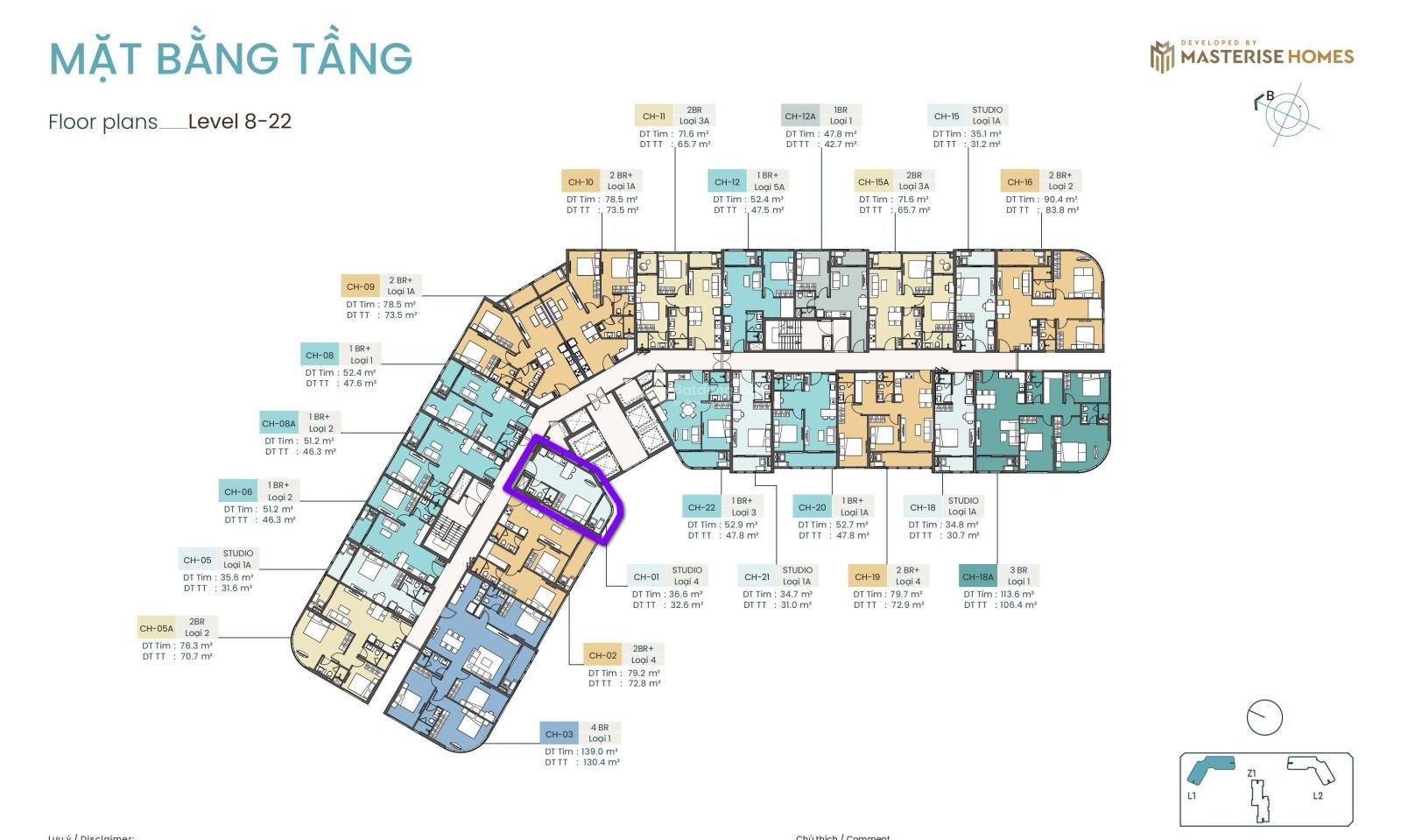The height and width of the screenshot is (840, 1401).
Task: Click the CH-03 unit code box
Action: click(x=559, y=734)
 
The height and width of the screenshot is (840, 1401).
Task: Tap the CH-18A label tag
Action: click(x=978, y=576)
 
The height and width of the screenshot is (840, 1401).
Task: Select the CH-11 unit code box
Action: click(x=653, y=116)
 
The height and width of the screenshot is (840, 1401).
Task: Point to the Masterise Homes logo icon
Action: click(x=1161, y=57)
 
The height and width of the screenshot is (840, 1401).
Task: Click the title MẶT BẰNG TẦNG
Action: click(x=230, y=58)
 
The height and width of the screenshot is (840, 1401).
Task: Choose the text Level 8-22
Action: click(x=239, y=121)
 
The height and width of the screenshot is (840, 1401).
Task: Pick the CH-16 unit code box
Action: click(x=1019, y=182)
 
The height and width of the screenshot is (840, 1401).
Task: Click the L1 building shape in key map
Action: click(x=1210, y=769)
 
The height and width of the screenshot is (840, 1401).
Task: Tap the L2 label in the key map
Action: click(x=1318, y=795)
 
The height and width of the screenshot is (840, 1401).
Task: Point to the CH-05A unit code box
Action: click(x=156, y=628)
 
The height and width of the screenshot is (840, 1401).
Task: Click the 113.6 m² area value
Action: click(x=1017, y=594)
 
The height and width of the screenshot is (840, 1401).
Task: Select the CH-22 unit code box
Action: click(x=701, y=507)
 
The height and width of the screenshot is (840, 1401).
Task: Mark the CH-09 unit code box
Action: click(x=360, y=286)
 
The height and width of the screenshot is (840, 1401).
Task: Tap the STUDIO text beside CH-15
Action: click(x=987, y=110)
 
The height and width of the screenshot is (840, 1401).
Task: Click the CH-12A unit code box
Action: click(x=799, y=116)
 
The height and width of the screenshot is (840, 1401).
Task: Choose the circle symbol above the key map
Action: click(x=1264, y=717)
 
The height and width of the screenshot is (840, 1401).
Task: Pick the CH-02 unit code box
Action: click(x=602, y=655)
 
